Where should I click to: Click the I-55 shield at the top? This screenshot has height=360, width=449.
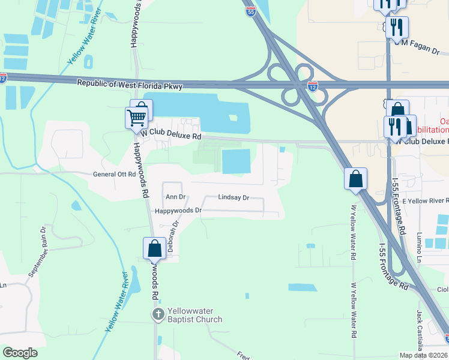pyautogui.click(x=250, y=11)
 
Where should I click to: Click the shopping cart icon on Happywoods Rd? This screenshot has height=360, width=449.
pyautogui.click(x=136, y=117)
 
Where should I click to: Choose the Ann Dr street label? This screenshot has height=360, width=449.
pyautogui.click(x=176, y=196)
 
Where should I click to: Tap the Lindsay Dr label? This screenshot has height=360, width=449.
pyautogui.click(x=233, y=197)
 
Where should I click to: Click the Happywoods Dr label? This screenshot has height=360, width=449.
pyautogui.click(x=178, y=211)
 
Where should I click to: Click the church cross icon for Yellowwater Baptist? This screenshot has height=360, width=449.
pyautogui.click(x=158, y=314)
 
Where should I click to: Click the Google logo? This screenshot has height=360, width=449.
pyautogui.click(x=20, y=353)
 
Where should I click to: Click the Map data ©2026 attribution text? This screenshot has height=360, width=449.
pyautogui.click(x=424, y=355)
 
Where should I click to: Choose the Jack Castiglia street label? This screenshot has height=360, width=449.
pyautogui.click(x=420, y=330)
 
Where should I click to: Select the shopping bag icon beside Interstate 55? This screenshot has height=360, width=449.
pyautogui.click(x=355, y=179)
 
